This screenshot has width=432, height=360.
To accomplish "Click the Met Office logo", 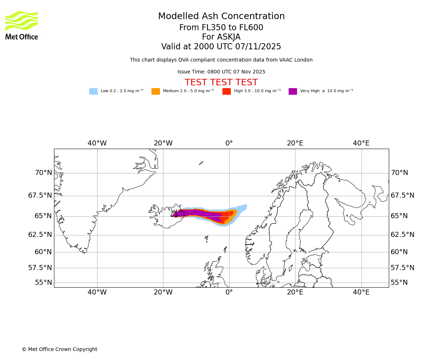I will click(22, 25).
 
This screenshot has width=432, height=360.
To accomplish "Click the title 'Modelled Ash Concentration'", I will click(221, 17).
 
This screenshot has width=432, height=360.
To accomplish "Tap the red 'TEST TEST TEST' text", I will click(221, 82).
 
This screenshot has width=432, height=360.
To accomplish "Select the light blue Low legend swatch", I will click(93, 91).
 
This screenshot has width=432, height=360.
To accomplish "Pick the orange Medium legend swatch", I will click(156, 91).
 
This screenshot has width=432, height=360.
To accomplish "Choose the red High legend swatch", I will click(226, 91).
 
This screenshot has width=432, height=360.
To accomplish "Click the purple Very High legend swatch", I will click(293, 91).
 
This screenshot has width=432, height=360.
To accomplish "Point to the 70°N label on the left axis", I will click(43, 173).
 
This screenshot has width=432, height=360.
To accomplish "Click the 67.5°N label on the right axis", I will click(402, 195).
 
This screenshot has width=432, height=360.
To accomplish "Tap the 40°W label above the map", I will click(97, 143).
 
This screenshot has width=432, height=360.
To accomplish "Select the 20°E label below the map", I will click(295, 292).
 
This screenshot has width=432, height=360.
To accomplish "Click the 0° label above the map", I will click(229, 143).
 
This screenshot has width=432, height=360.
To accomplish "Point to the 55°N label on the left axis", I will click(43, 283).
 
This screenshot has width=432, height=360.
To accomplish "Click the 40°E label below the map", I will click(361, 292).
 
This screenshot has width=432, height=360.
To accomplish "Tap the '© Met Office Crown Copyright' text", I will click(59, 349).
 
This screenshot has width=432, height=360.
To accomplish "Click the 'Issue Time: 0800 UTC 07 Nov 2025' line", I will click(221, 72).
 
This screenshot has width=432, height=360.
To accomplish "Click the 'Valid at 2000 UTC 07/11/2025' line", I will click(221, 47).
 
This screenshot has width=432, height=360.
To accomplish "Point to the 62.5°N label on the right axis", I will click(402, 235).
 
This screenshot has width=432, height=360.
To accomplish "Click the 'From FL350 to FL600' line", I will click(221, 28).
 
